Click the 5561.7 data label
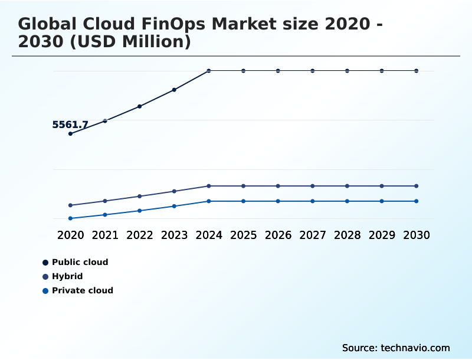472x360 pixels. pos(70,125)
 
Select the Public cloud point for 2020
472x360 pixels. pos(70,134)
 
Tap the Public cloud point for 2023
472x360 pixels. pos(174,90)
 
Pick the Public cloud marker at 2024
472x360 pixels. pos(209,71)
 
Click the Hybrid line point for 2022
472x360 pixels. pos(140,196)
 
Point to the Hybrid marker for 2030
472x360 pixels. pos(417,186)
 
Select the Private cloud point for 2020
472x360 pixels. pos(70,218)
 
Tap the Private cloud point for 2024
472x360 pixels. pos(209,201)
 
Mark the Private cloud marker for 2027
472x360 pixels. pos(313,201)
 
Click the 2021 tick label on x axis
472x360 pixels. pos(105,235)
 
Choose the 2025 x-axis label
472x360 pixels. pos(243,235)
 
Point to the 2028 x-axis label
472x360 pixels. pos(347,235)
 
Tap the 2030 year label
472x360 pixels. pos(417,235)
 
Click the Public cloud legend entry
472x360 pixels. pos(80,262)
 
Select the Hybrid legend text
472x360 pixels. pos(67,276)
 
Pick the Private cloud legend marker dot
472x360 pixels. pos(45,290)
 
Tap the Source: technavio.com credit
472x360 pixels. pos(396,348)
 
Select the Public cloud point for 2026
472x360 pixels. pos(278,71)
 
